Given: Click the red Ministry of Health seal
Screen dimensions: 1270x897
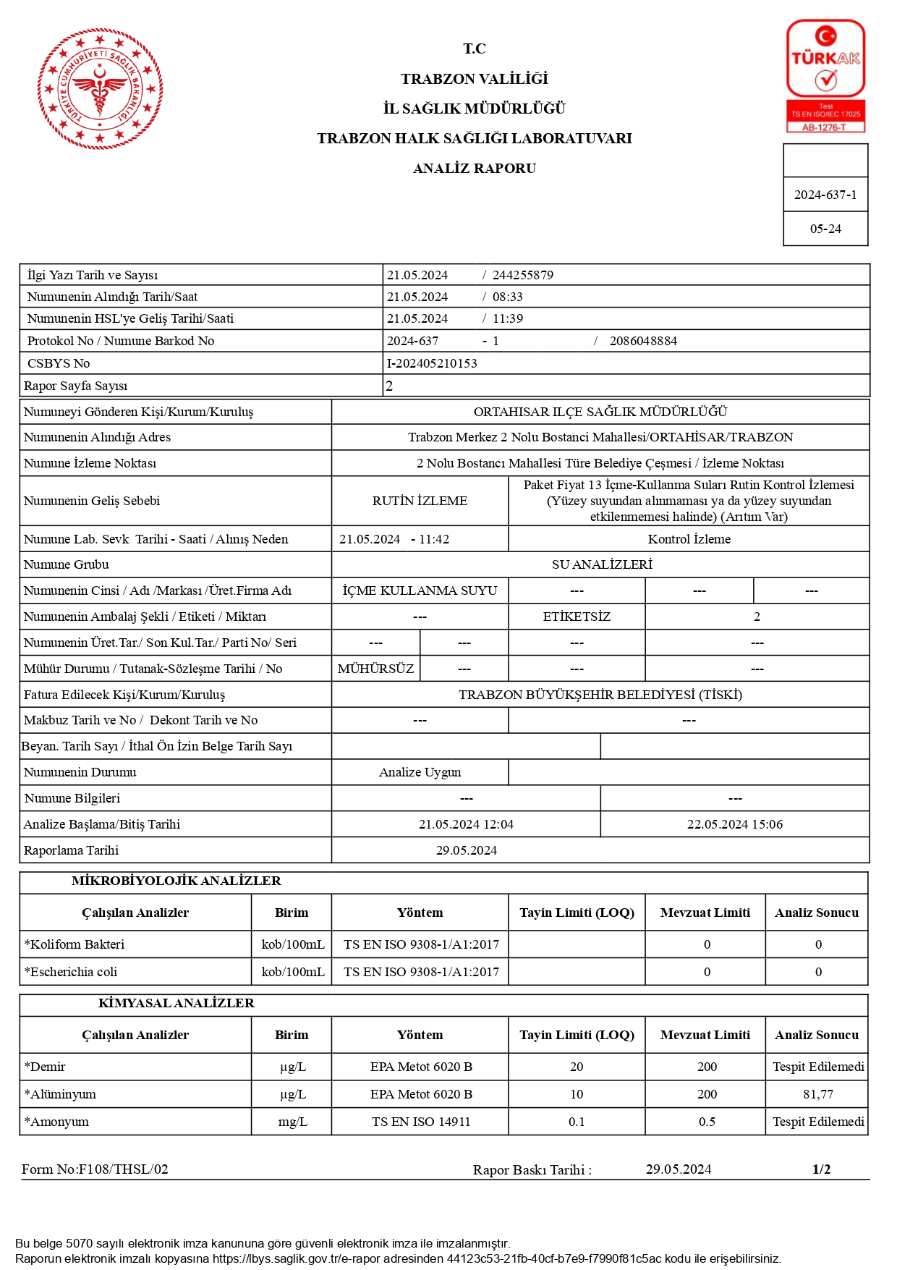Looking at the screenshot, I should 100,89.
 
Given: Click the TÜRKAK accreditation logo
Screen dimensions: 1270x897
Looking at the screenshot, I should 825,75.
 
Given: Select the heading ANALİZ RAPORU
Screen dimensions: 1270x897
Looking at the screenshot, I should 474,168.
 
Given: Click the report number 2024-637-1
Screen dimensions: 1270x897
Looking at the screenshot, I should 825,195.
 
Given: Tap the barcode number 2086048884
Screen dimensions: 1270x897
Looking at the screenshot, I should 643,341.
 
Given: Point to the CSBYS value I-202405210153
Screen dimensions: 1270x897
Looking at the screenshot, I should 432,363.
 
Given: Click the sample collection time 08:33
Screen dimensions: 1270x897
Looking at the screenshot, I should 507,297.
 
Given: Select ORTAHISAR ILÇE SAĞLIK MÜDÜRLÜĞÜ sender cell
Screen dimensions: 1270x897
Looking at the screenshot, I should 600,412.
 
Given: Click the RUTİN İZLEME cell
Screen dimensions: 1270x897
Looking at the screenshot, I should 420,501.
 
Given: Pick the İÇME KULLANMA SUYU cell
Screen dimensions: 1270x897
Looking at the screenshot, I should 420,590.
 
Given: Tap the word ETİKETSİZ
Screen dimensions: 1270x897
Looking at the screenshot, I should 577,617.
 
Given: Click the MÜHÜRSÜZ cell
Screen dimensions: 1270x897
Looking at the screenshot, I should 375,669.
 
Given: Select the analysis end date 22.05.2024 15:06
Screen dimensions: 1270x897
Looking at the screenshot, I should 734,824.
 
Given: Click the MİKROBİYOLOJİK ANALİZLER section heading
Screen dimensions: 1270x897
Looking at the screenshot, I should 176,881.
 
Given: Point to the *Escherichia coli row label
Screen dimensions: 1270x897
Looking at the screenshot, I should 71,972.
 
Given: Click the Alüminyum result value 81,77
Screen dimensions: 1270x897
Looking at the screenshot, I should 817,1094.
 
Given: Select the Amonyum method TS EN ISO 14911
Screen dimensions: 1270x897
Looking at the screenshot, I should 420,1122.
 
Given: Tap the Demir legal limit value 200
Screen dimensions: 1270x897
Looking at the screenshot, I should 706,1067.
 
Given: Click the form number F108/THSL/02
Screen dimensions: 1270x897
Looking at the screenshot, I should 95,1169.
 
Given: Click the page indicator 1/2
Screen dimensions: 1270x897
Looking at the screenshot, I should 821,1169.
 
